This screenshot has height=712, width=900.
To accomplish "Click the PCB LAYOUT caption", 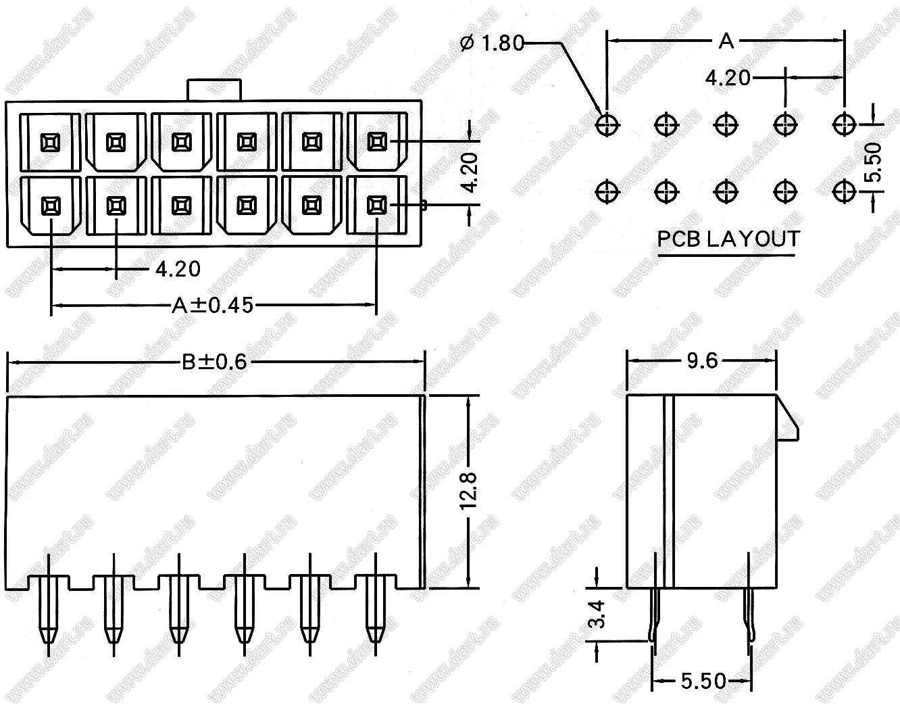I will pos(728,239).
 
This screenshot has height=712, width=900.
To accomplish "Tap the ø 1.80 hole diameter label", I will pos(491,43).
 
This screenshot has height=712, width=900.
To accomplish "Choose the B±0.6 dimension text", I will pos(215,362).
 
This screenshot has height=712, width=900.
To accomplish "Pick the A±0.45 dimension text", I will pos(212,306).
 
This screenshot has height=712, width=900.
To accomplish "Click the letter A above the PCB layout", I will pos(726,41).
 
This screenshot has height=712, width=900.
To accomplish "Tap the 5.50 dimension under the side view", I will pos(703,680).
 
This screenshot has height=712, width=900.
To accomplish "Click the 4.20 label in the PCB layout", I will pos(727,78).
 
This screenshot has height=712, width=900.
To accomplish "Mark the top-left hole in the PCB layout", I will pos(607,124).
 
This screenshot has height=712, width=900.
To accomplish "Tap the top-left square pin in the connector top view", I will pos(50,142).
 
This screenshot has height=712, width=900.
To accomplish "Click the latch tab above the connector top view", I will pos(214,90).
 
